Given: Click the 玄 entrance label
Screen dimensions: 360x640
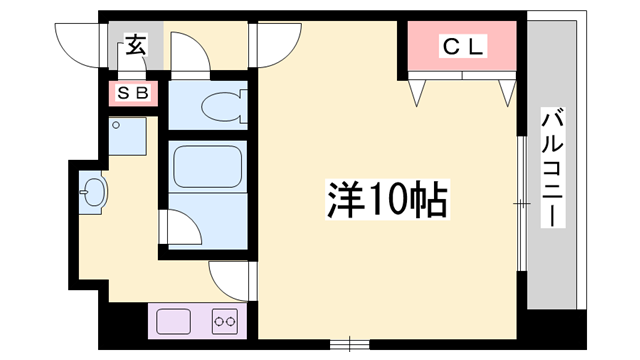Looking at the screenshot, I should (x=134, y=44).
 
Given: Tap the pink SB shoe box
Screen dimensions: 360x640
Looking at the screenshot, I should (x=134, y=94).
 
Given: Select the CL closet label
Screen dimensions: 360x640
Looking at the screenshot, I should (x=463, y=45).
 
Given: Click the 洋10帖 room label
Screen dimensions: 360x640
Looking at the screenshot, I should (x=386, y=201).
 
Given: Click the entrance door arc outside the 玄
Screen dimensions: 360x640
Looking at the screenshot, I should (x=83, y=42).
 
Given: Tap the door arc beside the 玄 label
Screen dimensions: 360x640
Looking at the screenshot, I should (x=191, y=50).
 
